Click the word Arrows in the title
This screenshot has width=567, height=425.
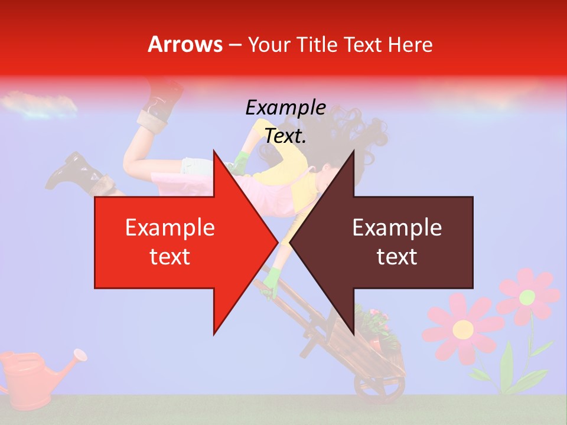(x=185, y=44)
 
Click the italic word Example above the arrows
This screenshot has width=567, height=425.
(x=285, y=108)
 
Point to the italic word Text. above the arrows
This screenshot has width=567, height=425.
(x=285, y=136)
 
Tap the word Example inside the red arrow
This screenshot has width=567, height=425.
(x=170, y=228)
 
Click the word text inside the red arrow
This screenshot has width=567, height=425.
(x=170, y=257)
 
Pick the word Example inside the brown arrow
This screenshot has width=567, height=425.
(x=397, y=228)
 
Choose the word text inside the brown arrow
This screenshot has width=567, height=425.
(x=397, y=257)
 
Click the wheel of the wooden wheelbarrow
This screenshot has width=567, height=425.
(x=378, y=387)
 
